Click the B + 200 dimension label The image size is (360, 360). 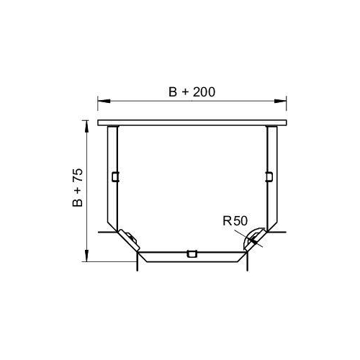tap(192, 92)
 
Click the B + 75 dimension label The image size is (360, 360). tap(78, 188)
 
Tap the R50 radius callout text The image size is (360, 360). tap(235, 221)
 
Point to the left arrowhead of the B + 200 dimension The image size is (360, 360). tap(104, 101)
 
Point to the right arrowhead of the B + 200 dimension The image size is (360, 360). tap(280, 101)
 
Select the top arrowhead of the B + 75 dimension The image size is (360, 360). tap(86, 126)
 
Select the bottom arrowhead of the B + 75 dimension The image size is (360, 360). tap(86, 256)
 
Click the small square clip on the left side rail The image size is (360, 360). tap(116, 176)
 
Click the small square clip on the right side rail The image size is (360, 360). tap(269, 176)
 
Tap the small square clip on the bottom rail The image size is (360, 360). tap(192, 253)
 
